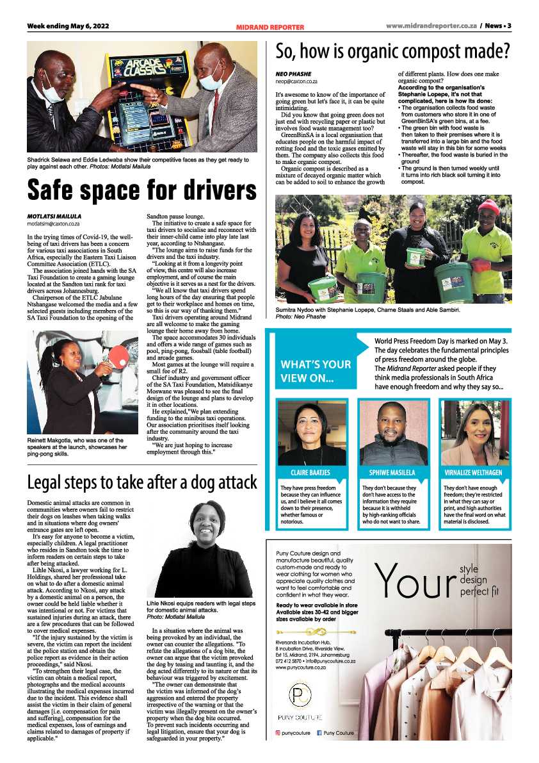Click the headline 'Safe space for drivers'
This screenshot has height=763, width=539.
(x=141, y=190)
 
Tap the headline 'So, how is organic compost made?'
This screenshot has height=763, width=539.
(x=392, y=51)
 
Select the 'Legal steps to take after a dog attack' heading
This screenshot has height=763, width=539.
(x=141, y=482)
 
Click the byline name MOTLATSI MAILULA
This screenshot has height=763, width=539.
(x=53, y=216)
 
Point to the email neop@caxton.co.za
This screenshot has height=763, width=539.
(x=296, y=82)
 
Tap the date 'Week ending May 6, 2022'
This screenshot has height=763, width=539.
(x=64, y=26)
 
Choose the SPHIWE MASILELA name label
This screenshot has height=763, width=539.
(x=392, y=473)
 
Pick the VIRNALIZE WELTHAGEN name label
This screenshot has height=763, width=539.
(x=472, y=473)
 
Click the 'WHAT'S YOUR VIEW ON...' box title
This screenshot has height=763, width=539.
(x=316, y=371)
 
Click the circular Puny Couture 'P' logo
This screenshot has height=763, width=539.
(x=296, y=696)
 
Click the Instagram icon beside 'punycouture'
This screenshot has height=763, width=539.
(x=278, y=732)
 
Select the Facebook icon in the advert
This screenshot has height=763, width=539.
(x=319, y=732)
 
